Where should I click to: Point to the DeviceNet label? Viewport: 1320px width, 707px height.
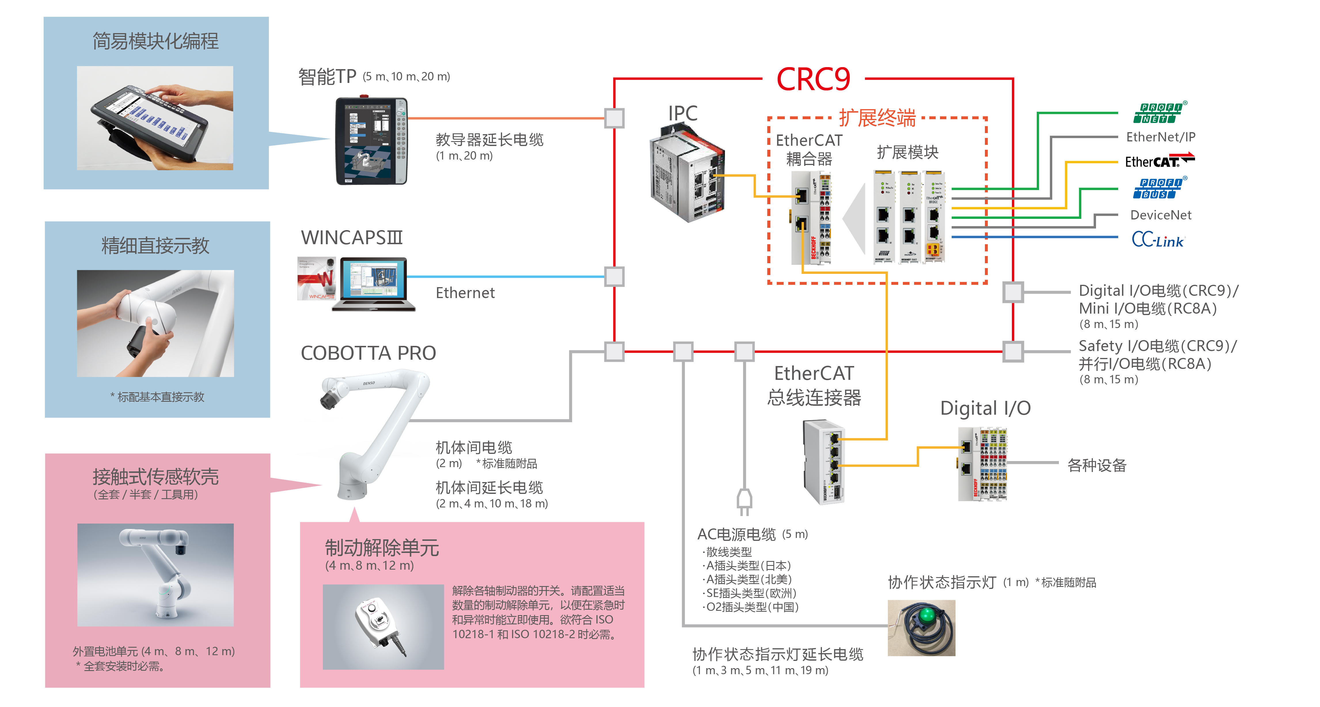[x=1161, y=215]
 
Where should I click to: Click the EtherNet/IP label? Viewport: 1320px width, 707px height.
[x=1160, y=137]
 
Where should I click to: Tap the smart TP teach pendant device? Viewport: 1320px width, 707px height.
[x=371, y=141]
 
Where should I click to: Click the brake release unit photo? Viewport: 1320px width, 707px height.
[x=383, y=626]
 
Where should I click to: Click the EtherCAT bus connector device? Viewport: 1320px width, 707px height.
[x=823, y=461]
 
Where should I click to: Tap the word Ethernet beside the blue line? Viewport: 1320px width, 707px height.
[x=465, y=293]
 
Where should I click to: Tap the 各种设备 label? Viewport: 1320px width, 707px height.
[x=1097, y=465]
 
